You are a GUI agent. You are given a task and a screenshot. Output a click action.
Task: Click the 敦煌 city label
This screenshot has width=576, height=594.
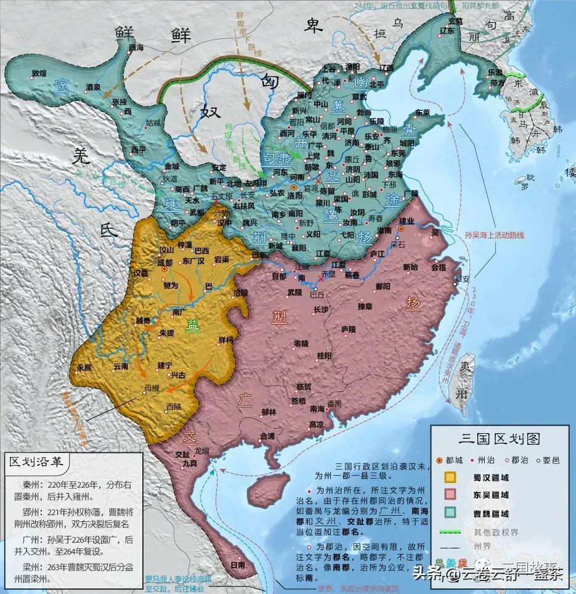pos(39,73)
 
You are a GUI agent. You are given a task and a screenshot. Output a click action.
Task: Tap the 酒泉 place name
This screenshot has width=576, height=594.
pos(94,88)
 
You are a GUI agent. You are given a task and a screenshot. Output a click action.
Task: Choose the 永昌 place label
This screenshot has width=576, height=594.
pos(84,367)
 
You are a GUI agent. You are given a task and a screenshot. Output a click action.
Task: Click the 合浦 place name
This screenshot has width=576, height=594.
pos(268,436)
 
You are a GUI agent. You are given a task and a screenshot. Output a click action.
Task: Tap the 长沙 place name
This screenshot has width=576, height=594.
pos(322,309)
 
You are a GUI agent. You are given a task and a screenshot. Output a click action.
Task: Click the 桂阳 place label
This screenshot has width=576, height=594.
pos(324,356)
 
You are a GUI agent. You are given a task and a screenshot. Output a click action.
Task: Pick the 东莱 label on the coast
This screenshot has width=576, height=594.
pos(423,113)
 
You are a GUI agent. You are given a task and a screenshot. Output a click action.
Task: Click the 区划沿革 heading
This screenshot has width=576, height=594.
pos(38,462)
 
